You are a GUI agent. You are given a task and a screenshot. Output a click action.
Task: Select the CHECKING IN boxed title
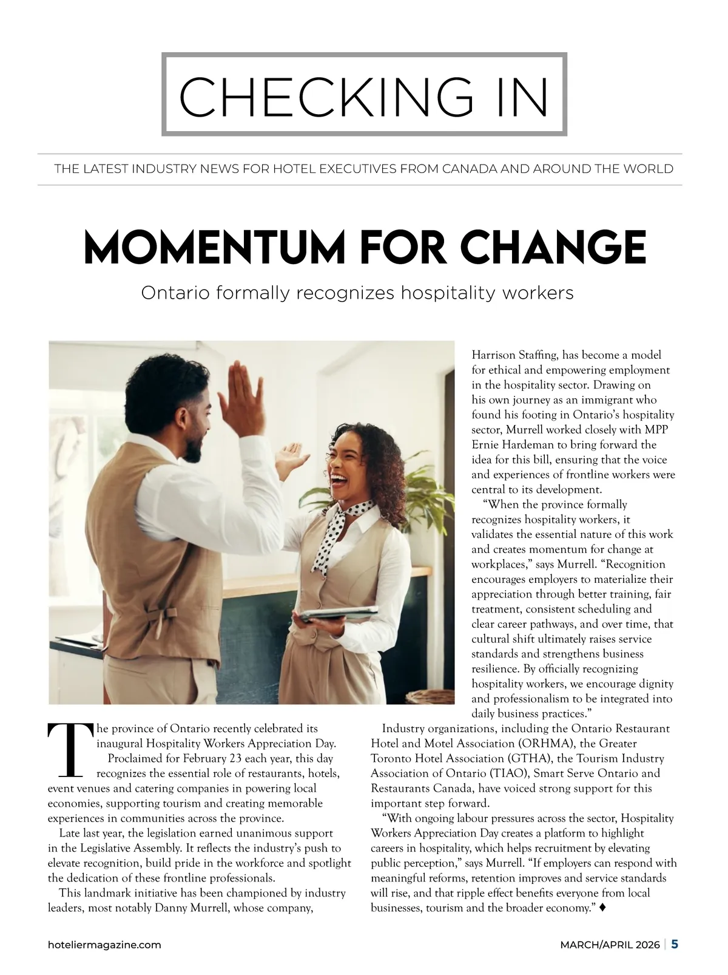[364, 95]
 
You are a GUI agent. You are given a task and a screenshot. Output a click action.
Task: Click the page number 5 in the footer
[675, 944]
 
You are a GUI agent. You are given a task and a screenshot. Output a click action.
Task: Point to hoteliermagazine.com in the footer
[104, 945]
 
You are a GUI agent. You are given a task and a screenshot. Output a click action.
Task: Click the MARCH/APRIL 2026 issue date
[610, 945]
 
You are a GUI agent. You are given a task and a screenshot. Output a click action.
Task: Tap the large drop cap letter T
[69, 750]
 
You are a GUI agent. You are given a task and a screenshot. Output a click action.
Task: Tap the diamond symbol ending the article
[602, 908]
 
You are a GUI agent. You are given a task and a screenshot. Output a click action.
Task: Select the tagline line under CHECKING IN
[364, 169]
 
